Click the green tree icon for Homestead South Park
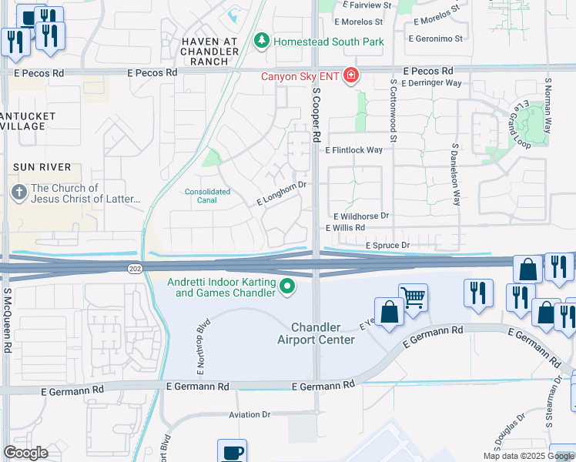[x=261, y=40]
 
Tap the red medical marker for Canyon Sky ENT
[x=351, y=75]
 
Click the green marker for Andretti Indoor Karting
[x=287, y=287]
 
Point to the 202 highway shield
[x=135, y=266]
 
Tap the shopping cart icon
[x=414, y=296]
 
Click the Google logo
[x=26, y=452]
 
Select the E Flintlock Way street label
[x=353, y=150]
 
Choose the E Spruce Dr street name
[x=387, y=245]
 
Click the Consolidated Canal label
[x=207, y=196]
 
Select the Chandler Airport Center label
[x=322, y=333]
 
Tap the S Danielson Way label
[x=456, y=173]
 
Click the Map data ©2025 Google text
[x=528, y=456]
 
